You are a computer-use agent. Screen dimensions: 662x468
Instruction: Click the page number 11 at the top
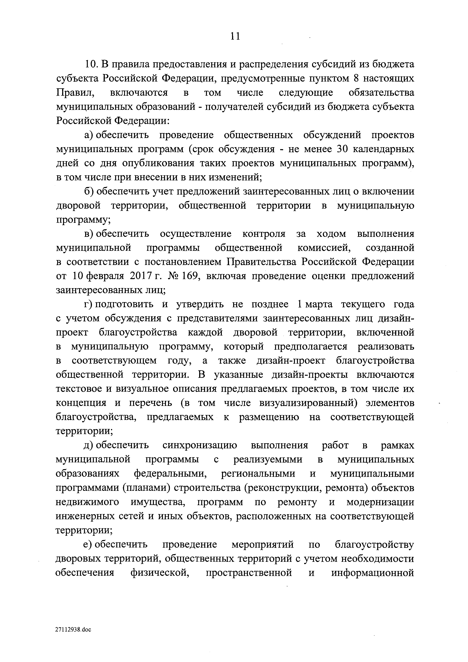[235, 36]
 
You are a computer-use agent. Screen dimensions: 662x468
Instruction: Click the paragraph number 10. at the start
[92, 64]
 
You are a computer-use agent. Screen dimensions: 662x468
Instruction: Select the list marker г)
[88, 304]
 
